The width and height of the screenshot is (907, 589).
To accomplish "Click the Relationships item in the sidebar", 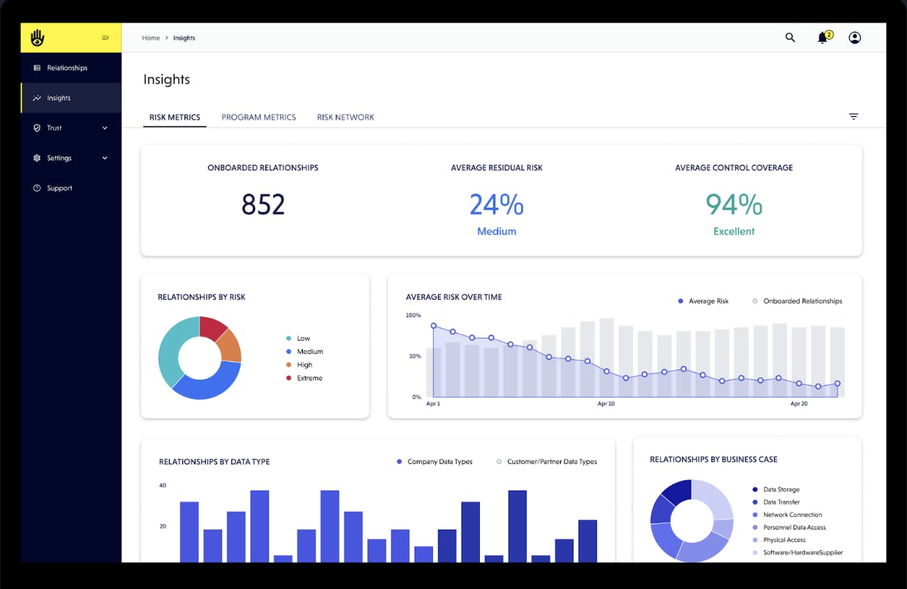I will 67,68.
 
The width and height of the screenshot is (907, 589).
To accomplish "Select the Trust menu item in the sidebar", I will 54,128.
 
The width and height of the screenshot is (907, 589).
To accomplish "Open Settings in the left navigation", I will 59,158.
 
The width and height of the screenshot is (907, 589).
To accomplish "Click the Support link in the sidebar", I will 60,188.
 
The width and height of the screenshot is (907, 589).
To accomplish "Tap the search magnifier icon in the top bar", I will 790,38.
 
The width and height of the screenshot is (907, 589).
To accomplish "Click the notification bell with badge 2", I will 823,38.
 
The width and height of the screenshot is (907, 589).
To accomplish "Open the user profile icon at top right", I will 854,38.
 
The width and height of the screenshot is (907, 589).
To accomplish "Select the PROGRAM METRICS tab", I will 259,118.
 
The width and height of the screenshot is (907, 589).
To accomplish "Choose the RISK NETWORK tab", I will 345,118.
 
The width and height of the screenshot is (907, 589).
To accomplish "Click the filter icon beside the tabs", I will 853,117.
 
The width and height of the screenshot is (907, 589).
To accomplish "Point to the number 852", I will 262,205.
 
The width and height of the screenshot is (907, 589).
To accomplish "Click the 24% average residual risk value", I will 496,205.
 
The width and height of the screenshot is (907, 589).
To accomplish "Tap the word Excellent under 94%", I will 734,231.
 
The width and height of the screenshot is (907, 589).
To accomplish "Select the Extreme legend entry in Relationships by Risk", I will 309,378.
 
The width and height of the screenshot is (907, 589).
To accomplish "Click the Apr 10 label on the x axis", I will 606,404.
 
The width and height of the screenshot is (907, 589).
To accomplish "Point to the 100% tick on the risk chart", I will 413,315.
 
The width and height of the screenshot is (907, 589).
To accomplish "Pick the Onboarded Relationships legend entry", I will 802,301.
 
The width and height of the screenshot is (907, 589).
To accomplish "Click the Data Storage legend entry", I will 781,489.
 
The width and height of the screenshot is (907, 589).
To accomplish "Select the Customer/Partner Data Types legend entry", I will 551,462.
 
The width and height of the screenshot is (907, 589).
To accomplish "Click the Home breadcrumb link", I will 151,38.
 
